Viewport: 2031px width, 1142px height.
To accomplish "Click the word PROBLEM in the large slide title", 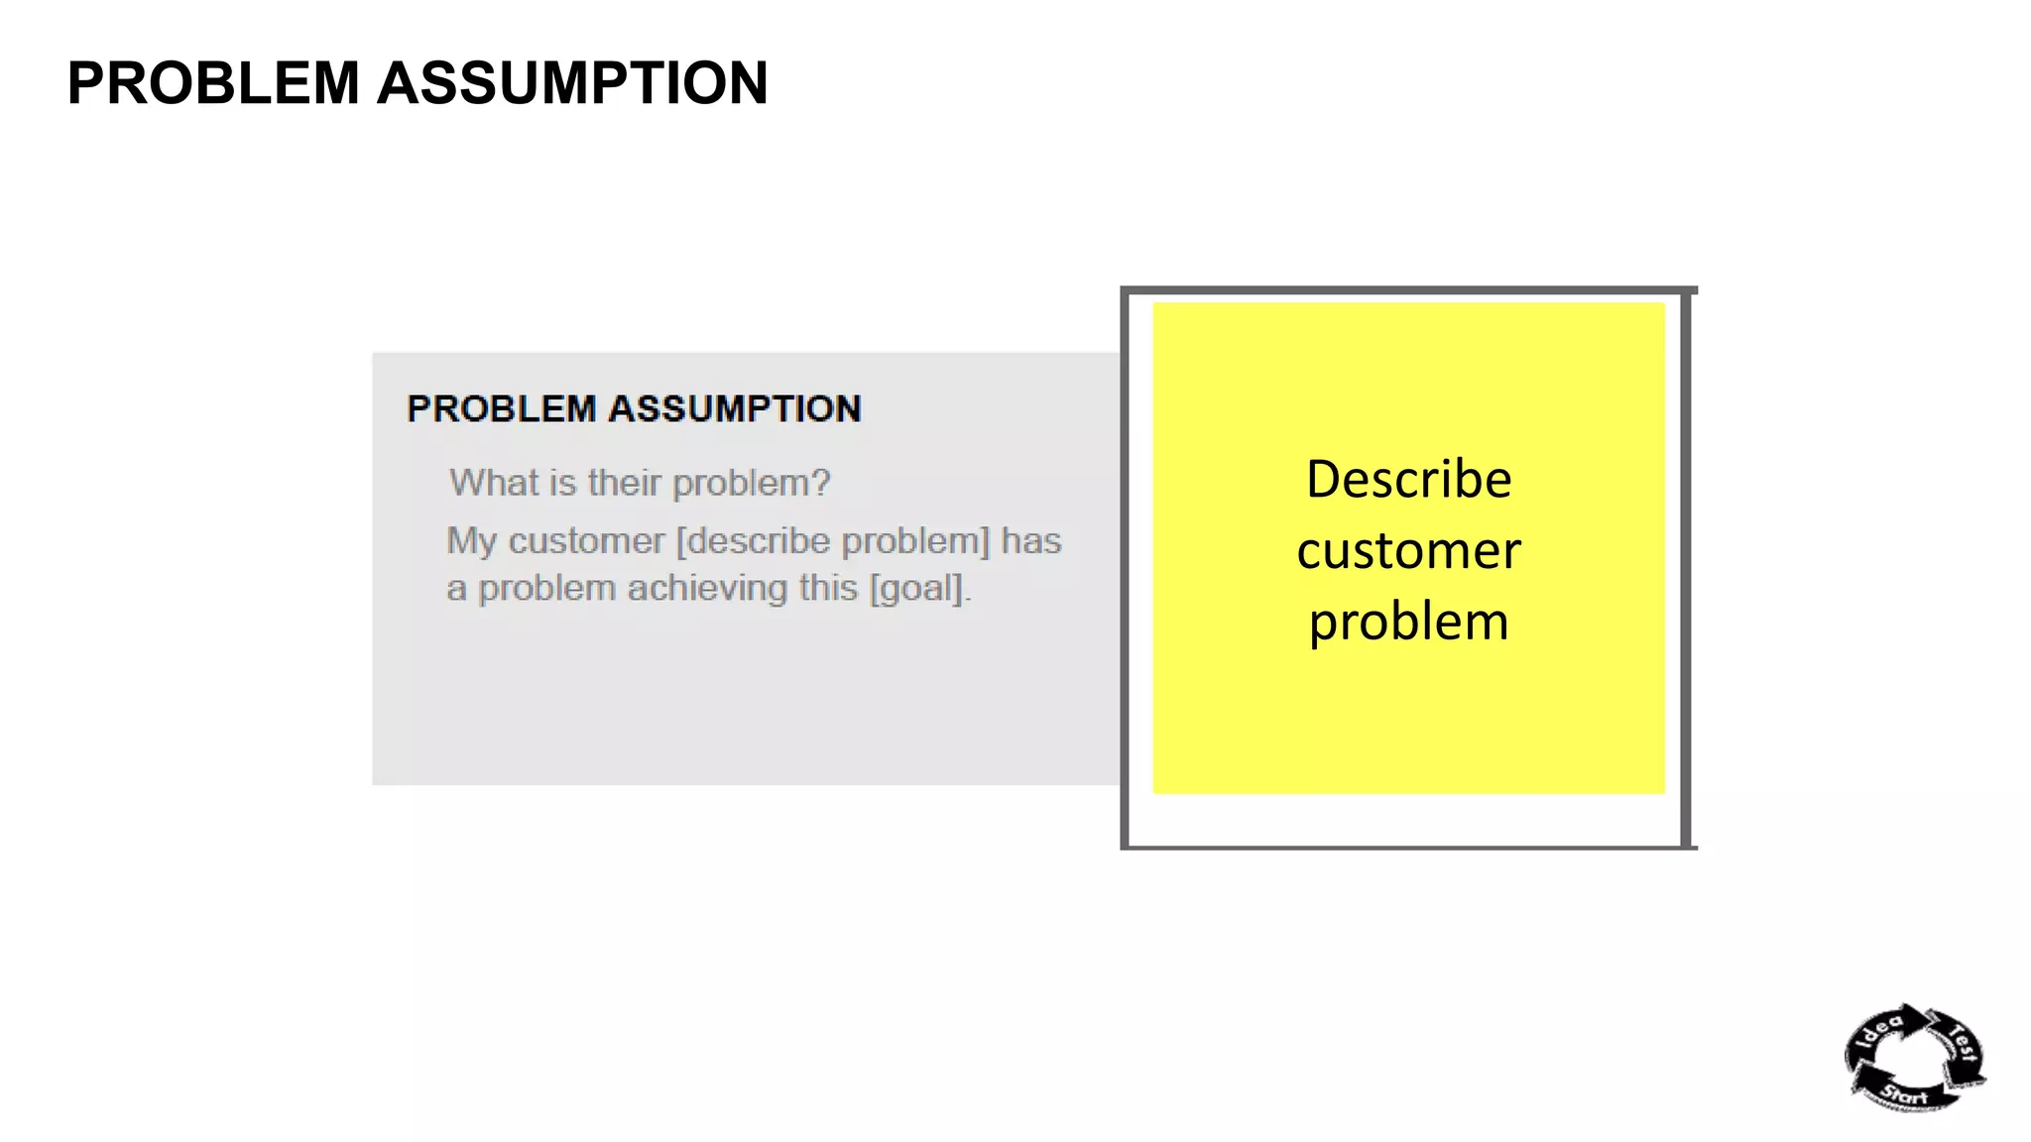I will coord(213,83).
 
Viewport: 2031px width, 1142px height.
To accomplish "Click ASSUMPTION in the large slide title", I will coord(572,83).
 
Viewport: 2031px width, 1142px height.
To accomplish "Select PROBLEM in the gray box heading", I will coord(501,409).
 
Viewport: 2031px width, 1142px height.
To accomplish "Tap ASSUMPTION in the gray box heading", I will coord(735,409).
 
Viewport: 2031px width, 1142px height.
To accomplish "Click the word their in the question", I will coord(624,483).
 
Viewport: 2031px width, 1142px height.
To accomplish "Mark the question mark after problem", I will coord(821,483).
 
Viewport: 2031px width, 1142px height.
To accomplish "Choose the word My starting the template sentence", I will coord(471,541).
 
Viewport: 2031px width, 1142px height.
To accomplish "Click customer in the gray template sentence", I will coord(586,541).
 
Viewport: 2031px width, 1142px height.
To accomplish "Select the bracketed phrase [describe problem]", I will coord(833,541).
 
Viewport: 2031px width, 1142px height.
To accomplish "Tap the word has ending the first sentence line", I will coord(1031,541).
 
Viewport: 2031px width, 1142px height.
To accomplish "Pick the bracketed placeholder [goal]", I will coord(917,589).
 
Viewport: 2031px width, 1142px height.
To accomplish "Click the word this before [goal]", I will coord(828,589).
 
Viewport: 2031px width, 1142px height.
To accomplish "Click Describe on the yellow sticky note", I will coord(1408,480).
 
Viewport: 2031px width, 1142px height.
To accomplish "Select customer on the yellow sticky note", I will coord(1408,551).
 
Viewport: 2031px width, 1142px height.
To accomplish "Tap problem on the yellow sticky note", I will coord(1408,623).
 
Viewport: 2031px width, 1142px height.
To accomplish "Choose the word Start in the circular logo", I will coord(1905,1095).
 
